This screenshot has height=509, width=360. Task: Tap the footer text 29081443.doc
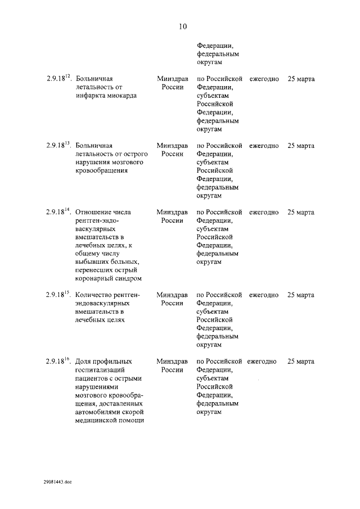pyautogui.click(x=57, y=482)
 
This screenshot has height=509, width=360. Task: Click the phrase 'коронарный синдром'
pyautogui.click(x=108, y=278)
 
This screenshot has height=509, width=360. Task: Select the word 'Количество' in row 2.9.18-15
pyautogui.click(x=94, y=295)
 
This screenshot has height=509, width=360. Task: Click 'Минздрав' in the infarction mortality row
pyautogui.click(x=172, y=79)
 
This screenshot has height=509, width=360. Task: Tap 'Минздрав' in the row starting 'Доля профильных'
pyautogui.click(x=172, y=361)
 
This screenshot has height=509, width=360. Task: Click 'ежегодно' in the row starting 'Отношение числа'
pyautogui.click(x=264, y=212)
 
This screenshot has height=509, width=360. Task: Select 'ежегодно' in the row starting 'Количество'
pyautogui.click(x=264, y=295)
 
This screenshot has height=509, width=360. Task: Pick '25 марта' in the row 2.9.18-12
pyautogui.click(x=301, y=79)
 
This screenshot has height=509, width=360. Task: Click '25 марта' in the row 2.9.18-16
pyautogui.click(x=301, y=361)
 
